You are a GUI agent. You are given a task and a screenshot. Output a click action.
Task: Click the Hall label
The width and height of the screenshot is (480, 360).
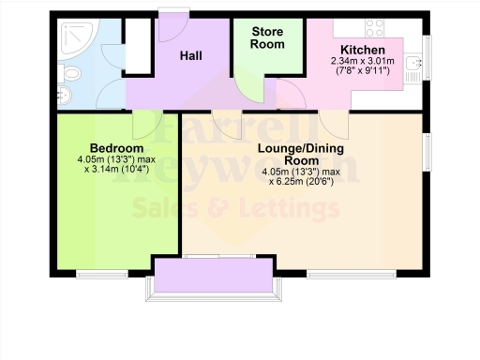click(191, 55)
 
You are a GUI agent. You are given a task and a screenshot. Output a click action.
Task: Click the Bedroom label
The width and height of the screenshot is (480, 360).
click(116, 148)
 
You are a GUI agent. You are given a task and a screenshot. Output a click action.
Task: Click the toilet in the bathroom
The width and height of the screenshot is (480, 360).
click(67, 72)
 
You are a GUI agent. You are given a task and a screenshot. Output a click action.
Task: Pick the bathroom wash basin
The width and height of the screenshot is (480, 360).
click(65, 95)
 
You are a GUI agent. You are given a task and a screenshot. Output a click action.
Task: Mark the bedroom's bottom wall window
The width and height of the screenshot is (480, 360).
click(102, 275)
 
